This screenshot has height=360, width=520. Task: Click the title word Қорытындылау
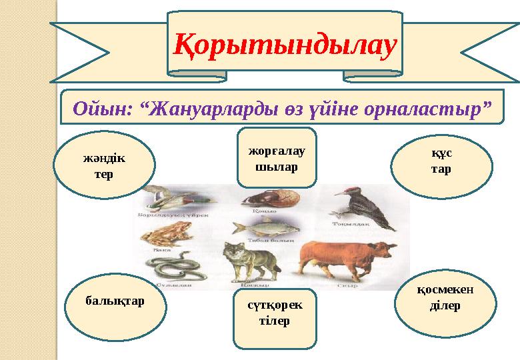click(285, 43)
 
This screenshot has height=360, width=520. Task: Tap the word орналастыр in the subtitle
click(424, 108)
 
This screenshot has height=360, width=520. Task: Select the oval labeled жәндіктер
click(103, 166)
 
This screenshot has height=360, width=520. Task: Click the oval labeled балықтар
click(115, 301)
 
